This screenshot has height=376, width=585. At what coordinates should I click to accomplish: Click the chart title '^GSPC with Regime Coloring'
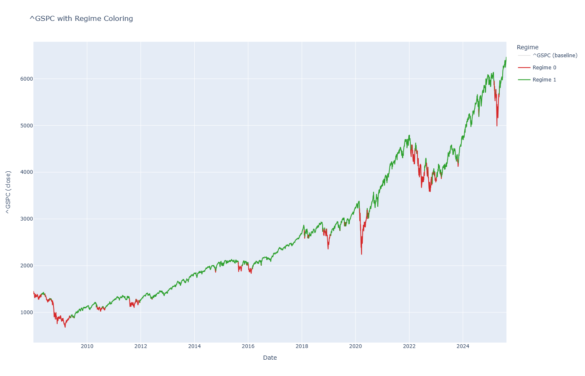click(81, 18)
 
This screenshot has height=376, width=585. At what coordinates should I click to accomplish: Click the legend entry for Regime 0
click(544, 68)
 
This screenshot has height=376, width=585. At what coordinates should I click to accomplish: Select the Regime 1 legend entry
click(544, 80)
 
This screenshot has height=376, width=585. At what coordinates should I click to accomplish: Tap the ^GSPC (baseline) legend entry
click(554, 56)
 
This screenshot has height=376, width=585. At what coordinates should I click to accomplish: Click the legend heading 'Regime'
click(527, 47)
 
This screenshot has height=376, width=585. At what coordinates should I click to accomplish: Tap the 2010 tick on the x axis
click(87, 346)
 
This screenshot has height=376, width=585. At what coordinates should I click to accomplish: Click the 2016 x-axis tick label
click(248, 346)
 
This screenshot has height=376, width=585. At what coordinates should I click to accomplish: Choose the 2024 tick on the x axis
click(463, 346)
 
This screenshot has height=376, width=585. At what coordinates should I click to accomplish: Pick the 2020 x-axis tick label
click(355, 346)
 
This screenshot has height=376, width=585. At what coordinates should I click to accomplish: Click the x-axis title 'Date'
click(270, 358)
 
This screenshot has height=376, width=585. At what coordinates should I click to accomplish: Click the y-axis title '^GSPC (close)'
click(8, 192)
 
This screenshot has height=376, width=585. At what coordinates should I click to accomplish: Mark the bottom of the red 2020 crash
click(361, 254)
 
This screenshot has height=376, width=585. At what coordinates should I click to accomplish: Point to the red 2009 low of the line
click(65, 327)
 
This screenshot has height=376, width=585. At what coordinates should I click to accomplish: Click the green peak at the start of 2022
click(409, 135)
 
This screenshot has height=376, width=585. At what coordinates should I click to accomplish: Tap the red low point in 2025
click(497, 126)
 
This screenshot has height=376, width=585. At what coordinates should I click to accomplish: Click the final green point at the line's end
click(506, 57)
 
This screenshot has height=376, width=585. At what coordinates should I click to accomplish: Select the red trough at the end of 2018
click(328, 249)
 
